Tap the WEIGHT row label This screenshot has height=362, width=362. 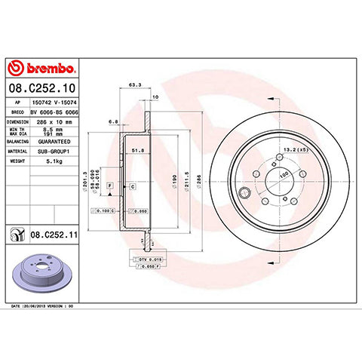[x=18, y=160]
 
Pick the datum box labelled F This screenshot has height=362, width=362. [x=111, y=185]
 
